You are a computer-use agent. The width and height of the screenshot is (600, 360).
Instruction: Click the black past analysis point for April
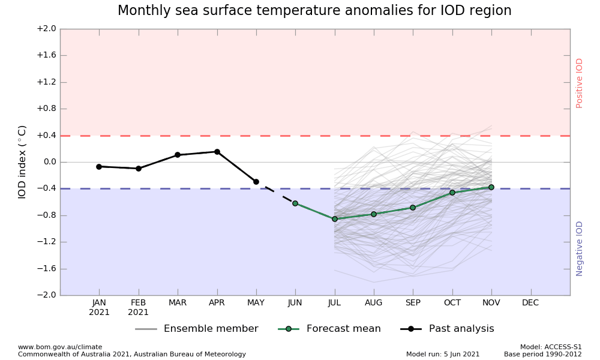tap(217, 152)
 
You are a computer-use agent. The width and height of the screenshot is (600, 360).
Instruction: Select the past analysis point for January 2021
tap(99, 167)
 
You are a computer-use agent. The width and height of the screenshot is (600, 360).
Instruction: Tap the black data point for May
tap(256, 182)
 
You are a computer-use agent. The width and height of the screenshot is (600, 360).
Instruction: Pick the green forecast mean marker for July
tap(334, 219)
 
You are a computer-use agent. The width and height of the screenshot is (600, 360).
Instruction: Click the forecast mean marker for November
tap(491, 187)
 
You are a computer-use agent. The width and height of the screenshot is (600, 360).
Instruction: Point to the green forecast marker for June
tap(295, 203)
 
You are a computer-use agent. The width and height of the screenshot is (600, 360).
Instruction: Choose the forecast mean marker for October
tap(452, 193)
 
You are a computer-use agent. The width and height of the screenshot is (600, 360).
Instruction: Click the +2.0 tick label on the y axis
tap(46, 29)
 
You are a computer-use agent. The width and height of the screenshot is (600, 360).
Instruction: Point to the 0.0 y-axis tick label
tap(47, 162)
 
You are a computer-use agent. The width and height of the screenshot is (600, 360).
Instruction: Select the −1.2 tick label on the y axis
tap(46, 242)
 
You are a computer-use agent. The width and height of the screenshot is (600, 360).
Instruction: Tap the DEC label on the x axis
tap(530, 303)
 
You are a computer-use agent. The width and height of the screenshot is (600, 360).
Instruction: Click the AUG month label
tap(374, 303)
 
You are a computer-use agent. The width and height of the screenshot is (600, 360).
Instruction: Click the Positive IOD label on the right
tap(580, 83)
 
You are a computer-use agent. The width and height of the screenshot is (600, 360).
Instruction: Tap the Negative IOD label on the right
tap(580, 248)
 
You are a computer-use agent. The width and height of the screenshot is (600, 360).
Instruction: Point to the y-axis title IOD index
tap(22, 162)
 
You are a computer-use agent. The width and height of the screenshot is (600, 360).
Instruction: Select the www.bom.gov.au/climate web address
tap(60, 347)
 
